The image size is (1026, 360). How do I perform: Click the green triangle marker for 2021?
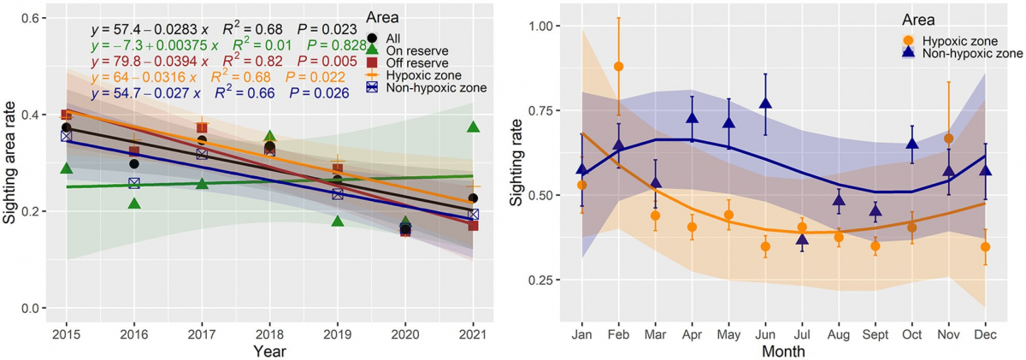coord(473,127)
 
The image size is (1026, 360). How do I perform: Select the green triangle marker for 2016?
coord(134,204)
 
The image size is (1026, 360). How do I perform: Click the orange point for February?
coord(619,67)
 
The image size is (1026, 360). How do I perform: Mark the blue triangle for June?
coord(766,103)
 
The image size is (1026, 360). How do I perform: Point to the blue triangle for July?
coord(802,240)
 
